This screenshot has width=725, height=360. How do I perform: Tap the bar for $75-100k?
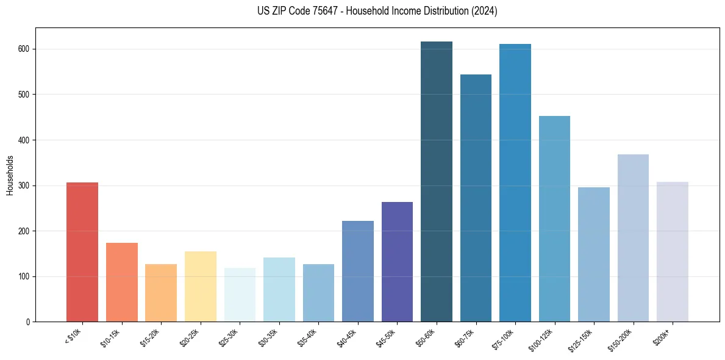[515, 183]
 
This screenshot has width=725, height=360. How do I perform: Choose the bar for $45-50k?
[397, 262]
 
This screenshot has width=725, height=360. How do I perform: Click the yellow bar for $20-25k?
[201, 287]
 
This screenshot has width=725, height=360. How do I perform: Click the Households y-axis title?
[10, 175]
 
